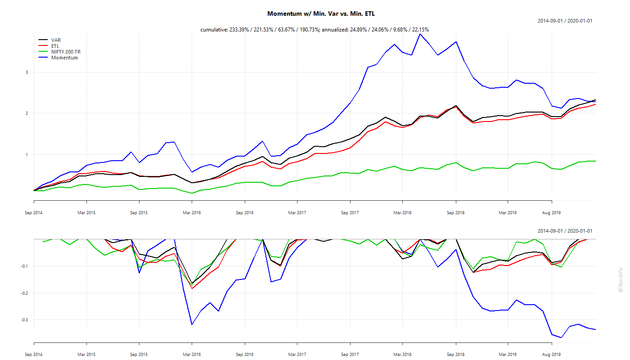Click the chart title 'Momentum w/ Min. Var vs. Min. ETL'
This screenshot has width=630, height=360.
[321, 14]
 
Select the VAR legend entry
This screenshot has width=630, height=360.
[56, 40]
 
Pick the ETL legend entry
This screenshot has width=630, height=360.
[55, 46]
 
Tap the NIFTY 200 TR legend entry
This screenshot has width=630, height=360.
[66, 52]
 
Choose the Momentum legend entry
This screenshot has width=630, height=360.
[64, 58]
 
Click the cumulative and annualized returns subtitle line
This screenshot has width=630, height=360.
[315, 30]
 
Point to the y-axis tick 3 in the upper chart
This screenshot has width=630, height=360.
[27, 72]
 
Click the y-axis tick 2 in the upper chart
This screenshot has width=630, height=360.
[27, 113]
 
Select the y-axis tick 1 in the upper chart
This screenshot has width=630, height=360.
[27, 155]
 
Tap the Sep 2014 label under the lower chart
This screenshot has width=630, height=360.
[34, 355]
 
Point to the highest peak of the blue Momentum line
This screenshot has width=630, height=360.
[420, 34]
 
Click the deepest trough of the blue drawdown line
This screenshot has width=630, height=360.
[561, 337]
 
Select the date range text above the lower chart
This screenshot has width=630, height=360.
[565, 231]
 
